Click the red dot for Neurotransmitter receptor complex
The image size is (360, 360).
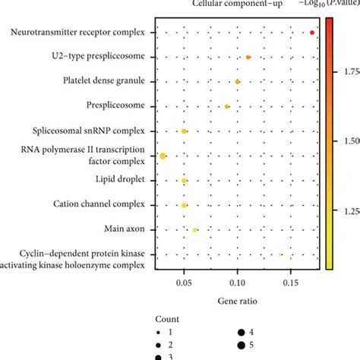(312, 32)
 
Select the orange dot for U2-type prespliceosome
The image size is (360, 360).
(248, 57)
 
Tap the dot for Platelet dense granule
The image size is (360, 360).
(238, 81)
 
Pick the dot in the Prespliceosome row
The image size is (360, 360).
(227, 106)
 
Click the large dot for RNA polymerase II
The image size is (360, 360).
(163, 156)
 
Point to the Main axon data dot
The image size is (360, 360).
(195, 229)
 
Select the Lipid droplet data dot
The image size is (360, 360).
(185, 181)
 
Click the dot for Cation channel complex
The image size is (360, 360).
(185, 205)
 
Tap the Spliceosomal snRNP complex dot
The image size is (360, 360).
(185, 131)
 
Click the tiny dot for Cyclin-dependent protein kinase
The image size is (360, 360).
(280, 254)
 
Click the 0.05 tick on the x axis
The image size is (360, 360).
(184, 281)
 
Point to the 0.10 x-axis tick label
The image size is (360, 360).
(237, 281)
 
